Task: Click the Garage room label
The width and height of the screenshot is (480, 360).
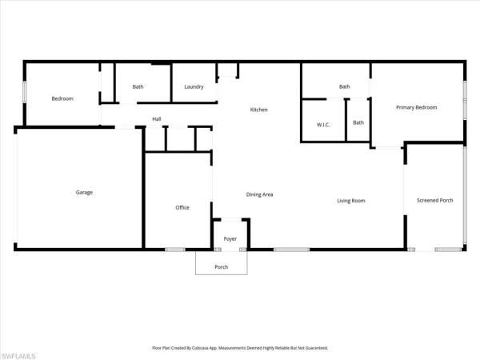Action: [84, 192]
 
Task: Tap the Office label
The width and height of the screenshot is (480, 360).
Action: [182, 207]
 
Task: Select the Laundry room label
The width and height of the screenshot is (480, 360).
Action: [194, 86]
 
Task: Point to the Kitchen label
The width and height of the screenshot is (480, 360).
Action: [259, 110]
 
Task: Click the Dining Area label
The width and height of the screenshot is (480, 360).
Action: [259, 194]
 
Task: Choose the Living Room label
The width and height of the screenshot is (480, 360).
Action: [351, 201]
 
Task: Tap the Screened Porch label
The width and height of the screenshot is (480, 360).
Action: [435, 200]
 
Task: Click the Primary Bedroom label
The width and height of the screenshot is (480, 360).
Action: [417, 107]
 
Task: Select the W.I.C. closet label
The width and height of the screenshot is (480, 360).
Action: [323, 125]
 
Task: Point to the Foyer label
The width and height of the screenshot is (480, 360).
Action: [230, 238]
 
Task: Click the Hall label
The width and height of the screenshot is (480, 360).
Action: [157, 118]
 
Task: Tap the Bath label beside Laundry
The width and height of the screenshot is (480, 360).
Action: [138, 86]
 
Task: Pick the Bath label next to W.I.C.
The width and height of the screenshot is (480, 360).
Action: [358, 122]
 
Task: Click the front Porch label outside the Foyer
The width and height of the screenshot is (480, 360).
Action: [222, 267]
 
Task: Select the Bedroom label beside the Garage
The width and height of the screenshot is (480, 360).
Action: [62, 98]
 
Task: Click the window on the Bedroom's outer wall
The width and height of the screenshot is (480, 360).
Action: [25, 92]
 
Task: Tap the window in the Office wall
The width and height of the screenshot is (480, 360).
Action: [175, 250]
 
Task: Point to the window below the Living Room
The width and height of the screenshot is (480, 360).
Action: [291, 250]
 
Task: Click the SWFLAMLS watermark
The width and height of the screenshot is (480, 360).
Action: [18, 356]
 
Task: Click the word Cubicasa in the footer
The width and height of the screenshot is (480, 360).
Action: [198, 348]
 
